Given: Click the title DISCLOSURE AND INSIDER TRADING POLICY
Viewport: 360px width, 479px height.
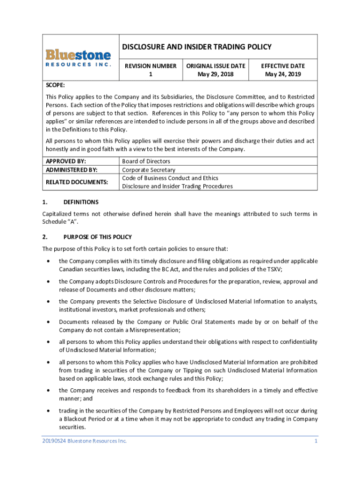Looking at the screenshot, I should coord(197,47).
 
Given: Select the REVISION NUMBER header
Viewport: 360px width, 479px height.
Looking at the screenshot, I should coord(151,66).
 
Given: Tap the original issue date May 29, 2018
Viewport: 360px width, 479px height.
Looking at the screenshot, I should coord(216,74).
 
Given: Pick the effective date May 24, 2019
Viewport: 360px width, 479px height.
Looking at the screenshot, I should coord(283,74).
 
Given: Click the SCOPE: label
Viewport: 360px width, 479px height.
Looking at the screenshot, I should coord(55,85).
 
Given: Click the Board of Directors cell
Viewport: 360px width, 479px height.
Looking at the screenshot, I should coord(146,161).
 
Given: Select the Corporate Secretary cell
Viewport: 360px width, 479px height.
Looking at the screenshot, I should coord(149,170).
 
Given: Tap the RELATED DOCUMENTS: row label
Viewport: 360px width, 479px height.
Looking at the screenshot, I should coord(77,182).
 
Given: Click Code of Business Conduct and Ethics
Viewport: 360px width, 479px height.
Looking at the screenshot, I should coord(170,178).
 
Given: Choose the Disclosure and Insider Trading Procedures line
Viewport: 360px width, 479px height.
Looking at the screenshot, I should coord(177,186).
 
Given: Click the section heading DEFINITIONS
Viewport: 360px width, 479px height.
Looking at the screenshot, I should coord(81,202).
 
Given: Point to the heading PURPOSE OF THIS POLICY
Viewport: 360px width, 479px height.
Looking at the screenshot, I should coord(98,237).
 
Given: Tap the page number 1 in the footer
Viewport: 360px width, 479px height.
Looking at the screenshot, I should coord(316,441).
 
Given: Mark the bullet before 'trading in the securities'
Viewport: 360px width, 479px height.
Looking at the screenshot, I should coord(49,411).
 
